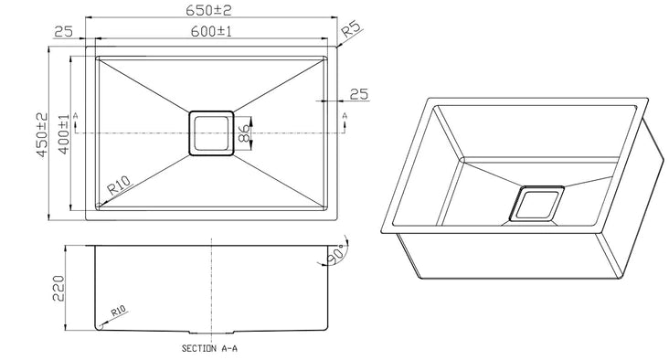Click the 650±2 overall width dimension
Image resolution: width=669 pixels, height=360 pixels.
tap(211, 10)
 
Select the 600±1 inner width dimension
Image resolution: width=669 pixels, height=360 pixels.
tap(211, 31)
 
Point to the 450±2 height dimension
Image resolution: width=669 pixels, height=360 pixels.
tap(41, 134)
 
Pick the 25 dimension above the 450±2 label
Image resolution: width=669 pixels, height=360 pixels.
tap(63, 32)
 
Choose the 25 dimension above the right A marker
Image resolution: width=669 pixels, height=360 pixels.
tap(357, 94)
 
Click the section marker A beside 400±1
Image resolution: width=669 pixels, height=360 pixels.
tap(76, 117)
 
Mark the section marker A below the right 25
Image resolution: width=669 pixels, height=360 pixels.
tap(345, 117)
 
